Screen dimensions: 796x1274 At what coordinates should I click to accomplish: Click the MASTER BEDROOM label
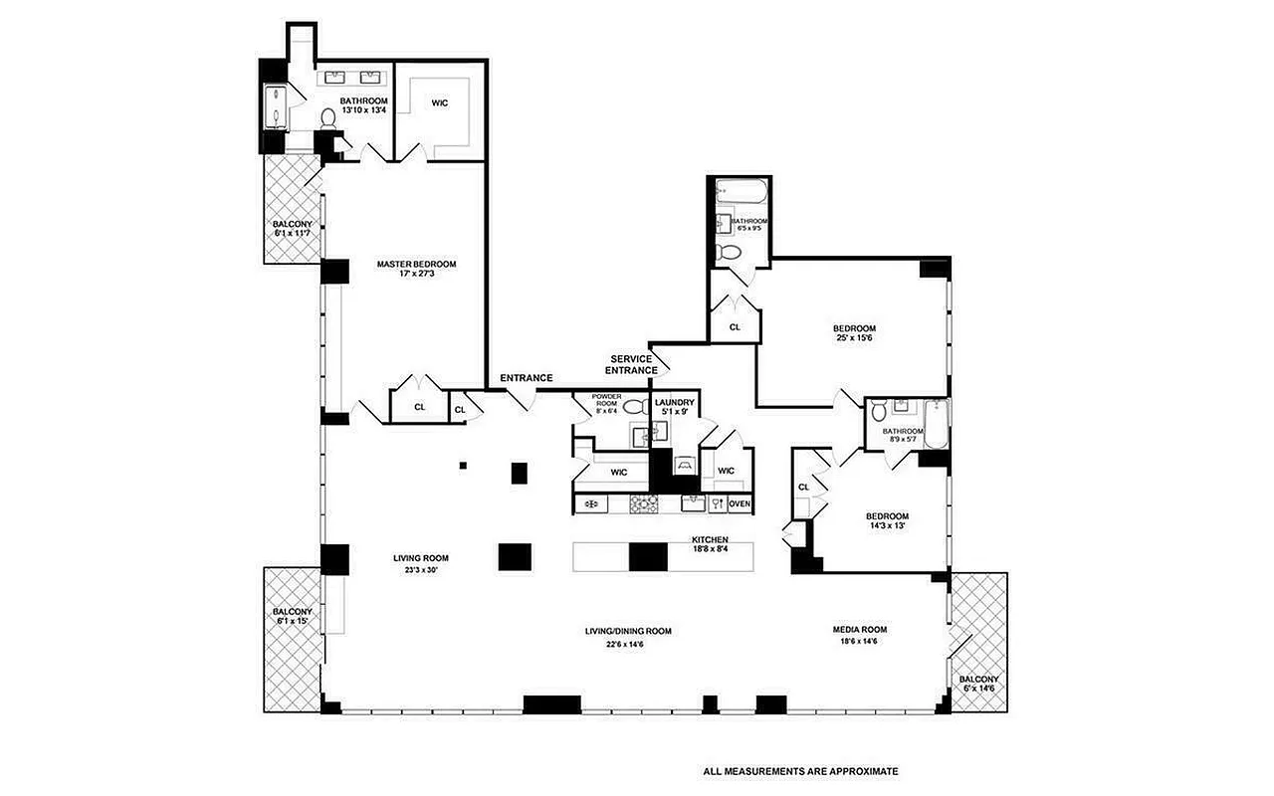[416, 264]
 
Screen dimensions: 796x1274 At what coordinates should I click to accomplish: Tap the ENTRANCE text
[526, 378]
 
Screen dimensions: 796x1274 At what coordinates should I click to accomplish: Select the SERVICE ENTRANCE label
[631, 364]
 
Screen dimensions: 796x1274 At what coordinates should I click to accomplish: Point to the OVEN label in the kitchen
[739, 504]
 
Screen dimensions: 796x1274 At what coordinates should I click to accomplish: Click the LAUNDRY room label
[674, 402]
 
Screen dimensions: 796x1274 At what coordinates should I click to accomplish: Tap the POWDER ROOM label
[606, 402]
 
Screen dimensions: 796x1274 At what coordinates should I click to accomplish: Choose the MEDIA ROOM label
[859, 629]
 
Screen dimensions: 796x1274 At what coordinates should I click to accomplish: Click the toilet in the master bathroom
[327, 118]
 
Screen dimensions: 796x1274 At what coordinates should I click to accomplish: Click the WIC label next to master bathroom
[440, 101]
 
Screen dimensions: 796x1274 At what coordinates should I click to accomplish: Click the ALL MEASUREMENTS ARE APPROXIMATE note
[801, 770]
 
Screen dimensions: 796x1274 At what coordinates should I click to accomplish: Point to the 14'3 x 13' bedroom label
[887, 521]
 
